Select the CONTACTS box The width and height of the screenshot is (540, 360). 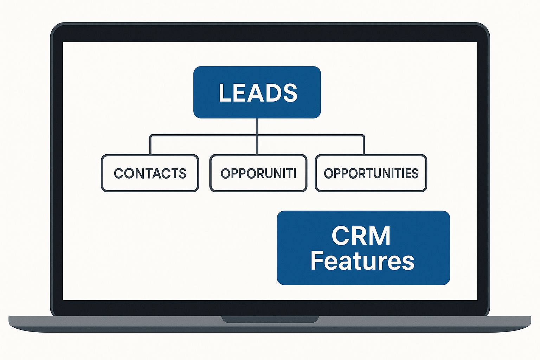[150, 173]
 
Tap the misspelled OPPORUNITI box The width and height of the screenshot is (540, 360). [258, 173]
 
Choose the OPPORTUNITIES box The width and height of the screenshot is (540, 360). [371, 173]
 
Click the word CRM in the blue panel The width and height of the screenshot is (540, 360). [361, 236]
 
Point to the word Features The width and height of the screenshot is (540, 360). [362, 261]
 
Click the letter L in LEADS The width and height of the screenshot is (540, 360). [225, 93]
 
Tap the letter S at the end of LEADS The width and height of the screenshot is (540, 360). [290, 93]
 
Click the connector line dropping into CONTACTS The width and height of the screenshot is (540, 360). [150, 145]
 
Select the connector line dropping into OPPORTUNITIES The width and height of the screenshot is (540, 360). [364, 145]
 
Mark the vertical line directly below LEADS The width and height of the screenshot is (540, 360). [257, 127]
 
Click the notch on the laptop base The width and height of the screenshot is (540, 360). [270, 319]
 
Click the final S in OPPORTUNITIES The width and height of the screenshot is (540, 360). [414, 173]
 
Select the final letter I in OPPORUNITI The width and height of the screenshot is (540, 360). [295, 173]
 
